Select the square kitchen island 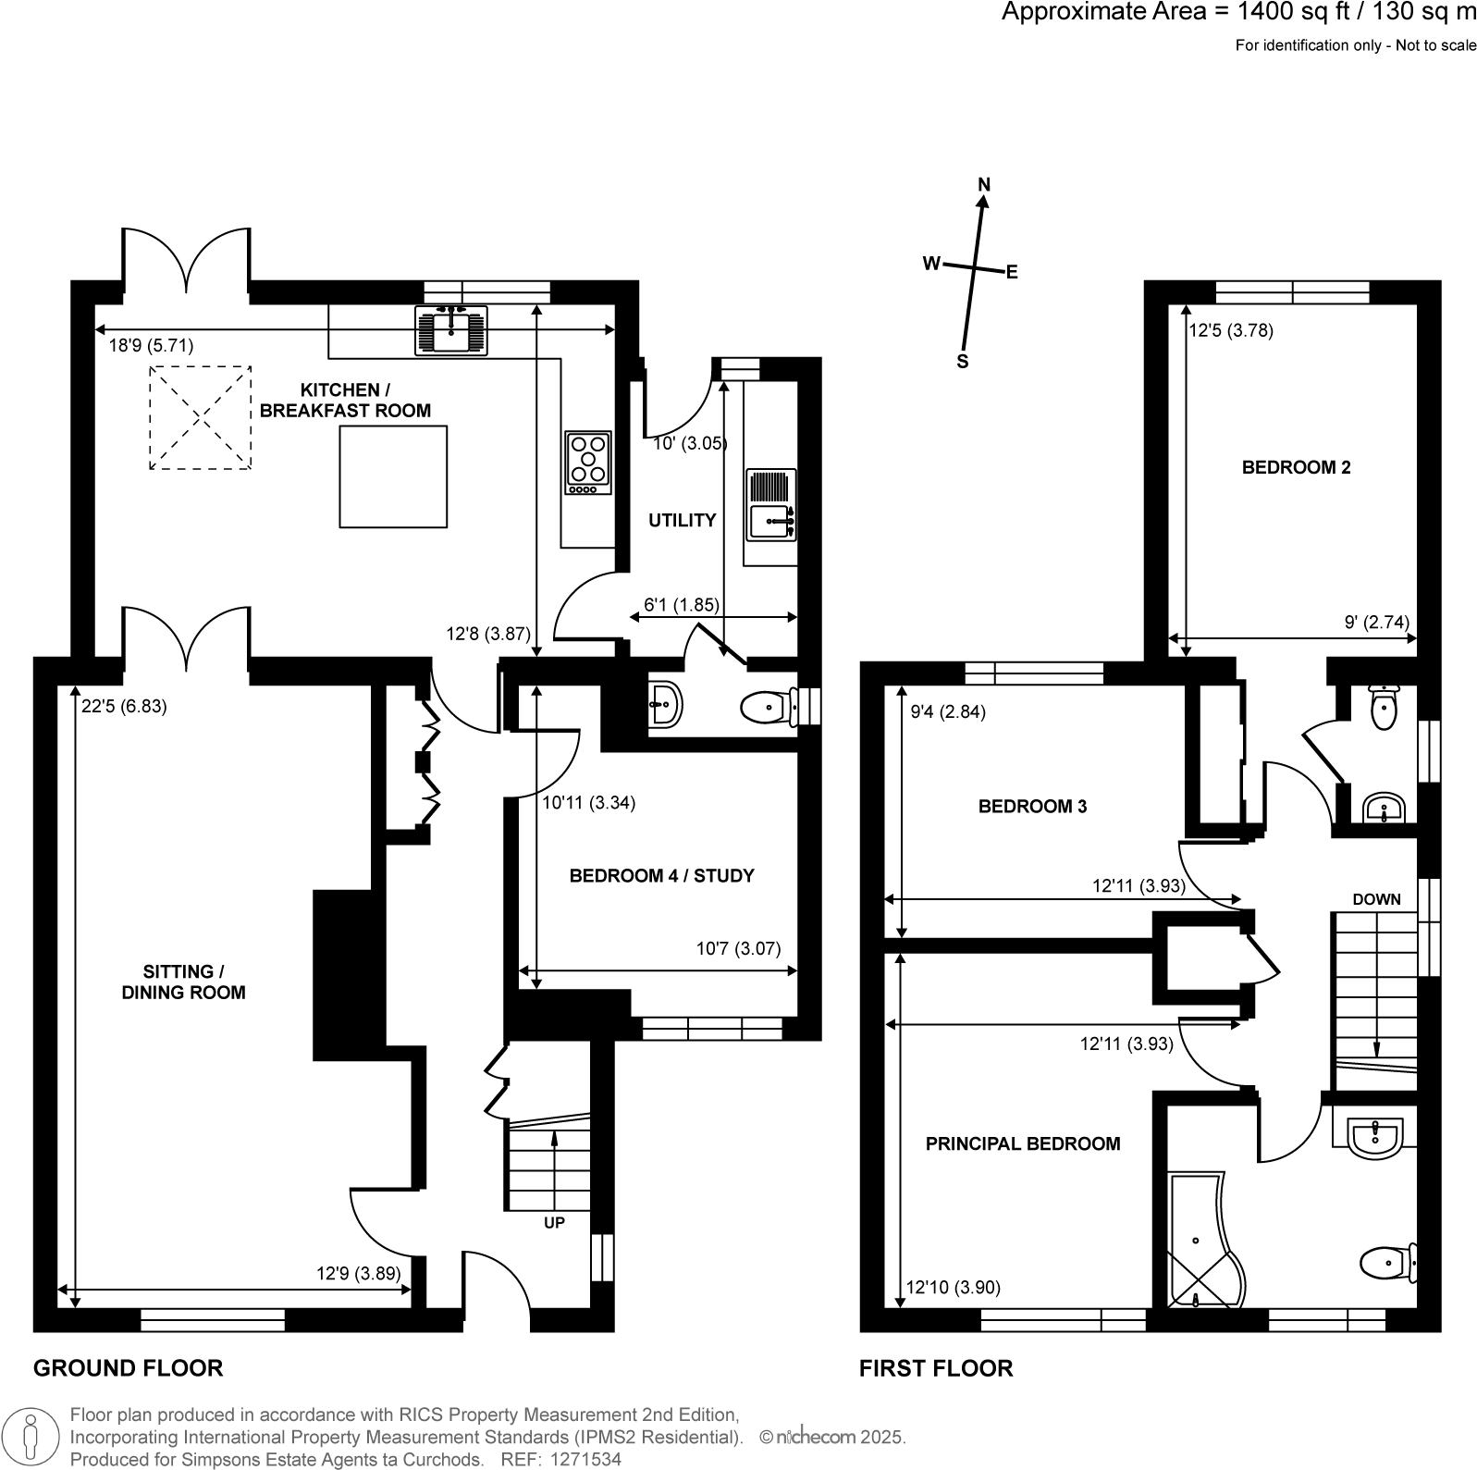pyautogui.click(x=393, y=476)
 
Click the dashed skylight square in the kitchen pyautogui.click(x=200, y=417)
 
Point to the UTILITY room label pyautogui.click(x=682, y=521)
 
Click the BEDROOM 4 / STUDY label pyautogui.click(x=661, y=875)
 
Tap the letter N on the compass pyautogui.click(x=984, y=185)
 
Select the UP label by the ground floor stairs pyautogui.click(x=554, y=1222)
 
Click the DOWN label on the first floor pyautogui.click(x=1376, y=899)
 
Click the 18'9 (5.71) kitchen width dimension pyautogui.click(x=151, y=345)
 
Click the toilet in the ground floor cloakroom pyautogui.click(x=766, y=709)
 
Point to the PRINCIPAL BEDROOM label pyautogui.click(x=1022, y=1143)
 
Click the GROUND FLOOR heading pyautogui.click(x=128, y=1368)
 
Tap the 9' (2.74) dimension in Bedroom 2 pyautogui.click(x=1376, y=623)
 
